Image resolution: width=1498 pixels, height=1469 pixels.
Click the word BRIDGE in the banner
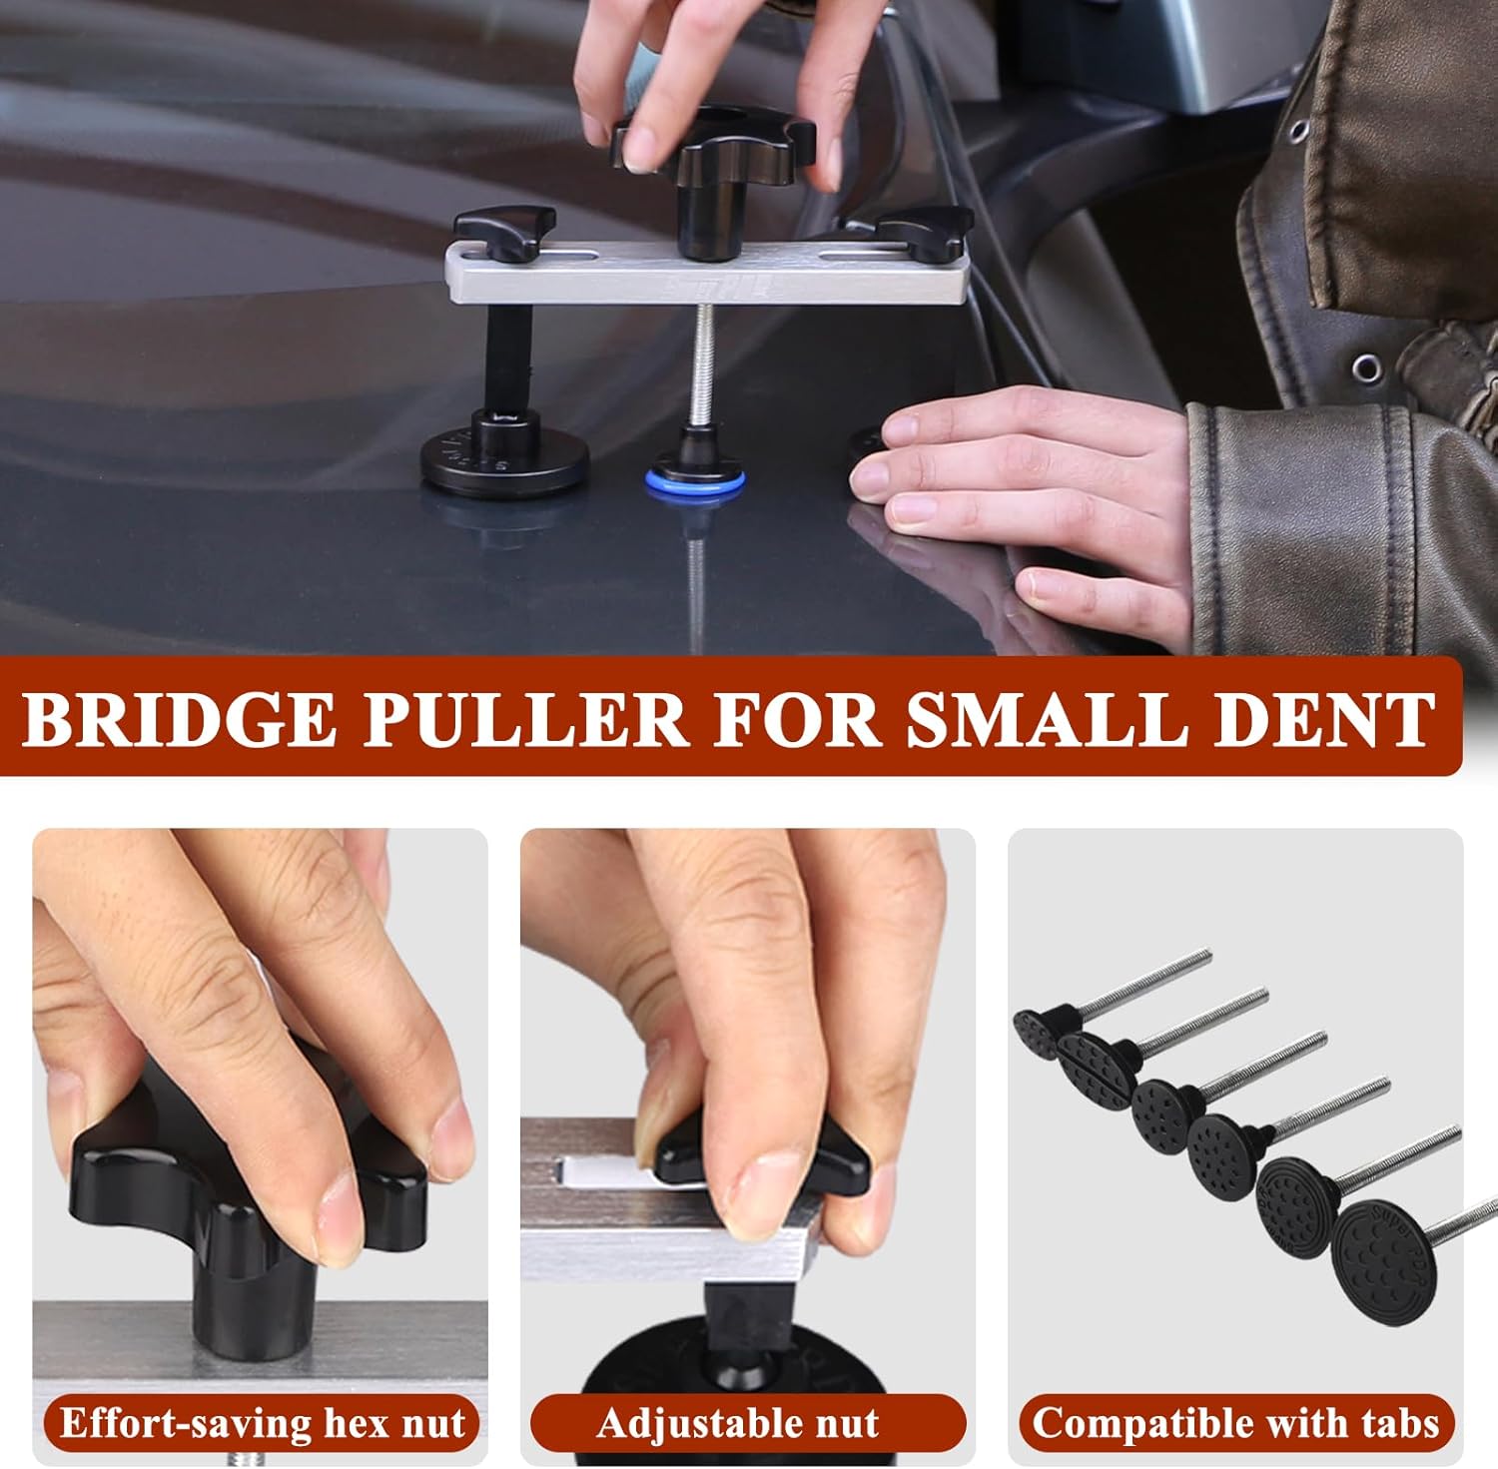pyautogui.click(x=180, y=718)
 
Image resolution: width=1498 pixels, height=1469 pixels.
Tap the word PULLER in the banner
pyautogui.click(x=524, y=718)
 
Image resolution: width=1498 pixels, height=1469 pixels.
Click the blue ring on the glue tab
pyautogui.click(x=695, y=483)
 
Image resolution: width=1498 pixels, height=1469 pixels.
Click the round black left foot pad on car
pyautogui.click(x=503, y=462)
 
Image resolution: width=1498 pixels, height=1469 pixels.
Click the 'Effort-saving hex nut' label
pyautogui.click(x=262, y=1422)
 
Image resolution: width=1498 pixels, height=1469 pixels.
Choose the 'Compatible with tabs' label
pyautogui.click(x=1235, y=1422)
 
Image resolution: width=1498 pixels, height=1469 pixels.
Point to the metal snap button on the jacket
pyautogui.click(x=1367, y=369)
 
